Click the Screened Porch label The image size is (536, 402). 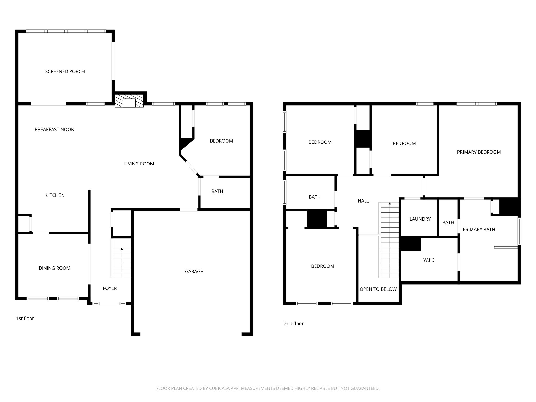pyautogui.click(x=65, y=71)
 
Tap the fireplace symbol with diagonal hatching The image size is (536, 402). pyautogui.click(x=129, y=100)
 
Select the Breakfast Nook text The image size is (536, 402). pyautogui.click(x=54, y=129)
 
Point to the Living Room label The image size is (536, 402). pyautogui.click(x=139, y=164)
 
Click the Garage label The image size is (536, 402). pyautogui.click(x=194, y=271)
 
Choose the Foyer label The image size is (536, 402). pyautogui.click(x=110, y=288)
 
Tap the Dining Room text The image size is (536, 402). pyautogui.click(x=54, y=268)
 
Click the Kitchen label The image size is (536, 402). pyautogui.click(x=55, y=195)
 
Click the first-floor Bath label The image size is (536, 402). pyautogui.click(x=217, y=191)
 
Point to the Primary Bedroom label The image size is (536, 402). pyautogui.click(x=479, y=152)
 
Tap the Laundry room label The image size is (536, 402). pyautogui.click(x=420, y=219)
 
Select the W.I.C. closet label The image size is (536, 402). pyautogui.click(x=429, y=260)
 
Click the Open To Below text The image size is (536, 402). pyautogui.click(x=378, y=289)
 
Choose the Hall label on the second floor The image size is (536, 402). pyautogui.click(x=363, y=201)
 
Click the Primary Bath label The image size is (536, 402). pyautogui.click(x=479, y=230)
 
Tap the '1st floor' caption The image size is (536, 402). pyautogui.click(x=25, y=318)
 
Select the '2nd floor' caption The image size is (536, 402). pyautogui.click(x=294, y=323)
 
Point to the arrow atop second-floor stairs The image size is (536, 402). pyautogui.click(x=390, y=203)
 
